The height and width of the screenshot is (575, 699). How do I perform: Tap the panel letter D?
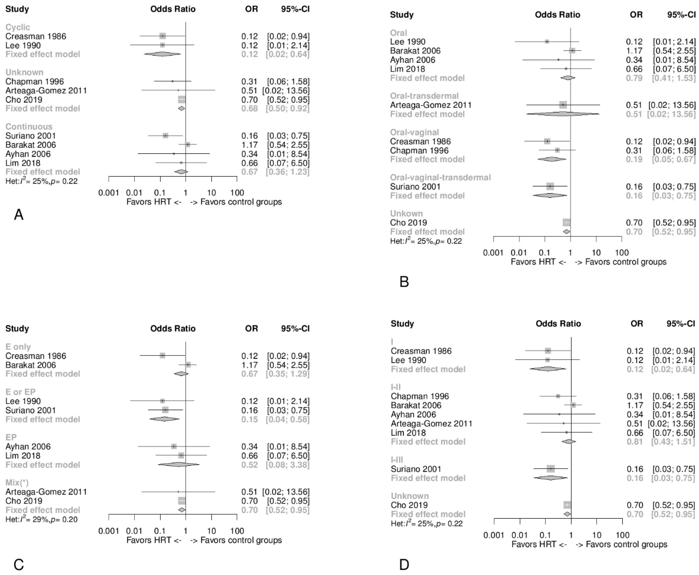tap(404, 564)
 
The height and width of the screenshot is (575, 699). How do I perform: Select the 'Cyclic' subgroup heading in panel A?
tap(17, 27)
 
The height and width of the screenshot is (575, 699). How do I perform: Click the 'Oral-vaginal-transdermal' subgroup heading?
tap(440, 178)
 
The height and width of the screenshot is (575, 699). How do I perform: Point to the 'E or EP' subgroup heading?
tap(20, 392)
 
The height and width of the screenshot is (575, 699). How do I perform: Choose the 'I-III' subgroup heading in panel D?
tap(397, 460)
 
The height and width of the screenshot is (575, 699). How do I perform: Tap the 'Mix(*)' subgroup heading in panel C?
tap(17, 483)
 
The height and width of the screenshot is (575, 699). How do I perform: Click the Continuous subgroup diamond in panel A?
tap(181, 172)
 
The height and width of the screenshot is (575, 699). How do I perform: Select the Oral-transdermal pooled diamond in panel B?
tap(563, 114)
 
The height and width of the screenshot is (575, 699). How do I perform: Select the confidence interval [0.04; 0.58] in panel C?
tap(288, 419)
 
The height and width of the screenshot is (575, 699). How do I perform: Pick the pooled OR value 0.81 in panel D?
tap(634, 442)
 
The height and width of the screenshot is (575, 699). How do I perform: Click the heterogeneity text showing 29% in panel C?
tap(41, 519)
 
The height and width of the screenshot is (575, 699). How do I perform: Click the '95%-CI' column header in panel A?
tap(295, 9)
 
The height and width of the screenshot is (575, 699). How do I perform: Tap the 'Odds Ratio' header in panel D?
tap(558, 324)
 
